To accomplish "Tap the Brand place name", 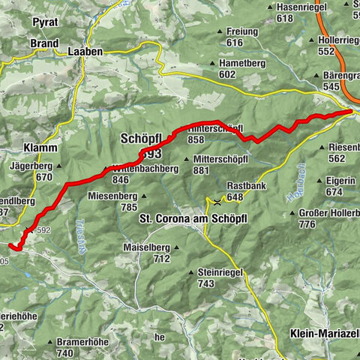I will click(x=44, y=43).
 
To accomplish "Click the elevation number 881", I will click(x=200, y=170).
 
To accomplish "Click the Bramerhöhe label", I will click(x=80, y=342).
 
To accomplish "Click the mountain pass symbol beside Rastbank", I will click(x=217, y=201).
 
